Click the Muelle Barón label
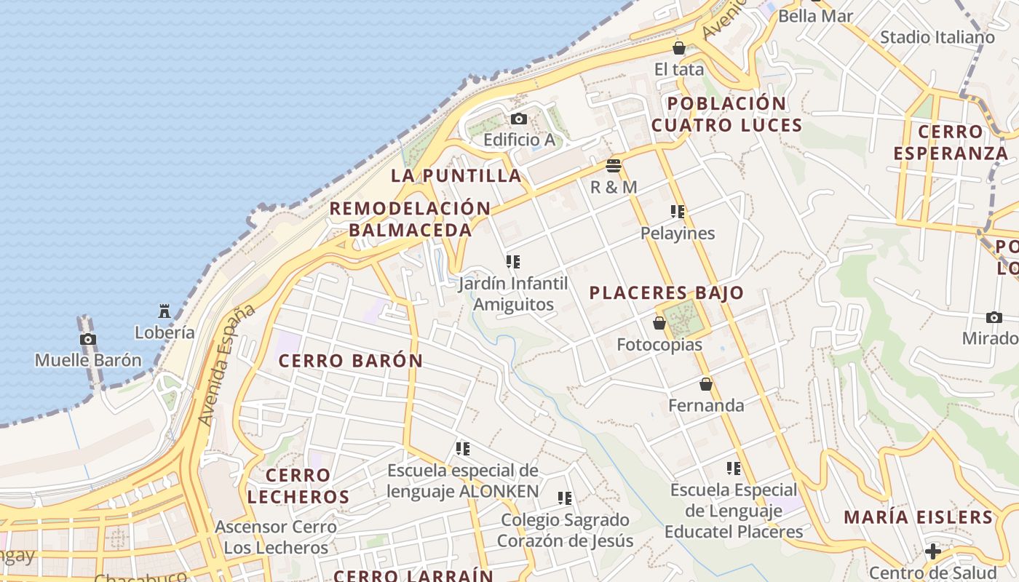coord(88,360)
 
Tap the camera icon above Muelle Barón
coord(88,339)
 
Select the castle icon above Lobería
coord(164,311)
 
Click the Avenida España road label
coord(228,364)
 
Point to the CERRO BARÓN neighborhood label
coord(351,361)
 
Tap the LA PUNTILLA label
coord(456,175)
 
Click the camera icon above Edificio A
coord(518,119)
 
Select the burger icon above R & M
coord(614,166)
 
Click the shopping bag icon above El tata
coord(679,48)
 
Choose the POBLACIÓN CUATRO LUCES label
coord(726,114)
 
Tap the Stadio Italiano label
coord(937,37)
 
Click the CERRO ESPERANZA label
coord(951,143)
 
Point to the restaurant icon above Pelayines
coord(678,212)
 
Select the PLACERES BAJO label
coord(667,293)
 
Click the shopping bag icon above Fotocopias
coord(659,323)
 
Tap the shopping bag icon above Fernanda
coord(705,384)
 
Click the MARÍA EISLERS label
coord(919,517)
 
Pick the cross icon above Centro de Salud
coord(933,551)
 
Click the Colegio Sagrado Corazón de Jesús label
coord(565,530)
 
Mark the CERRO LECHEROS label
coord(298,486)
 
